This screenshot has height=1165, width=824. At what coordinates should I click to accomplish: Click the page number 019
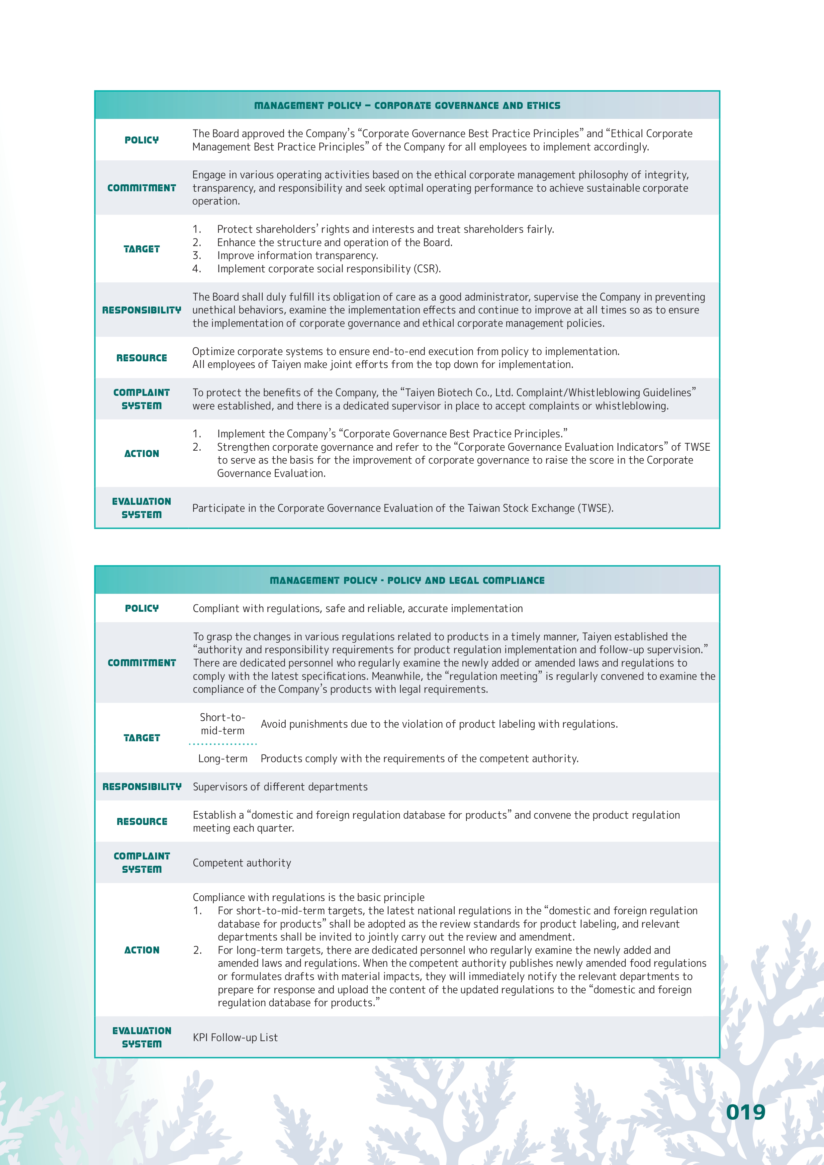(x=745, y=1112)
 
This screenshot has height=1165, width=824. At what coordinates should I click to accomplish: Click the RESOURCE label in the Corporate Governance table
(x=141, y=358)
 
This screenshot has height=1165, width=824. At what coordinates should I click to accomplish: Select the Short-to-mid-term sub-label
(x=223, y=724)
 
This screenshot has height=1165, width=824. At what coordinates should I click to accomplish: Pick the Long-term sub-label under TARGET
(x=223, y=759)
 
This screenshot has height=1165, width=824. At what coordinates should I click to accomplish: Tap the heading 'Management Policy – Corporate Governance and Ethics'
(x=407, y=106)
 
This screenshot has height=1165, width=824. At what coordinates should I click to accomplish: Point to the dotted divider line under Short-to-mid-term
(x=223, y=744)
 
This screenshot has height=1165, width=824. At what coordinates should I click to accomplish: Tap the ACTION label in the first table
(x=141, y=454)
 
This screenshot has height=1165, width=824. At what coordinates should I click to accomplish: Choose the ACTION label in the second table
(x=141, y=950)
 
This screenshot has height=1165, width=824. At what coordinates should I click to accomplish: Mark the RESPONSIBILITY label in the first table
(x=141, y=310)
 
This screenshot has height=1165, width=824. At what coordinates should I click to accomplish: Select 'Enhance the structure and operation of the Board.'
(x=335, y=242)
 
